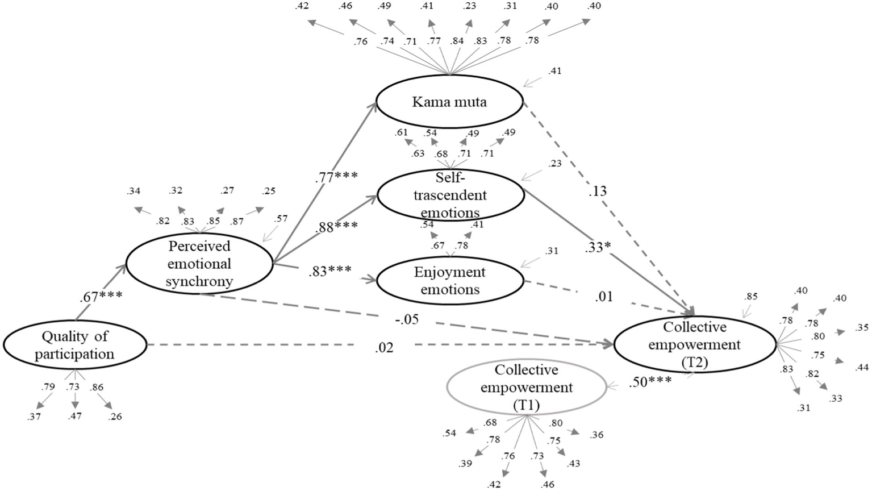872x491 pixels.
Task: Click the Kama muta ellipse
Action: pyautogui.click(x=449, y=102)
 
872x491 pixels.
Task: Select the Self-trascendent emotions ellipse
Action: pyautogui.click(x=450, y=195)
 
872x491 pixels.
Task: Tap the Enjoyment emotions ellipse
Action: pyautogui.click(x=449, y=281)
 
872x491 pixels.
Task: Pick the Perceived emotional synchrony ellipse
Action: pyautogui.click(x=199, y=264)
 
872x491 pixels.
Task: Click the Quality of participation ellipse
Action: pyautogui.click(x=74, y=345)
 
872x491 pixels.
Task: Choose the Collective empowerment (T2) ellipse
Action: pyautogui.click(x=695, y=344)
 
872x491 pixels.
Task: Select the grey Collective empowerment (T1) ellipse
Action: pyautogui.click(x=526, y=388)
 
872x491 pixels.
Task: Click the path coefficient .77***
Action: pyautogui.click(x=336, y=176)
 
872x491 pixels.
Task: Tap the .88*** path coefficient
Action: pyautogui.click(x=337, y=226)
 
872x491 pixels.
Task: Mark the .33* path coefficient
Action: pyautogui.click(x=599, y=248)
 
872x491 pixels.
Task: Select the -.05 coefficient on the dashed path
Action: pyautogui.click(x=406, y=319)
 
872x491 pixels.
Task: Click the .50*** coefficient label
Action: pyautogui.click(x=650, y=382)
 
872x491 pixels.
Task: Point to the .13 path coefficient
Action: pyautogui.click(x=598, y=192)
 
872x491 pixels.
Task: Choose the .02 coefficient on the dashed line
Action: pyautogui.click(x=384, y=348)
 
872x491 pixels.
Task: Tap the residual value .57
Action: pyautogui.click(x=281, y=218)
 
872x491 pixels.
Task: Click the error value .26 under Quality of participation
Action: pyautogui.click(x=115, y=417)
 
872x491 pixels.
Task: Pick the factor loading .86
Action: pyautogui.click(x=97, y=388)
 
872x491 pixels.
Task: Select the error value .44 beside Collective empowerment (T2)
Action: pyautogui.click(x=862, y=368)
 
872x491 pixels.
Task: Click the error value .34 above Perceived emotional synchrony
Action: pyautogui.click(x=133, y=191)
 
